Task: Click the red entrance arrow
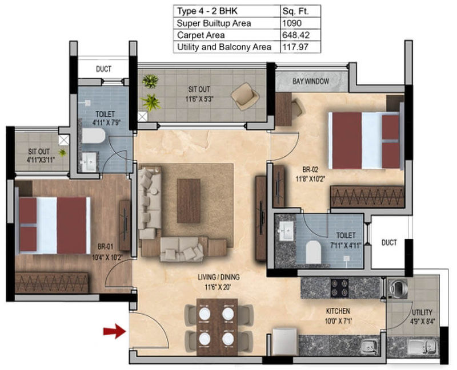click(x=115, y=331)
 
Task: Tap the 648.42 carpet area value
click(x=296, y=35)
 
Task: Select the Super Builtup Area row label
click(x=214, y=23)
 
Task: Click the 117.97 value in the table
click(x=295, y=47)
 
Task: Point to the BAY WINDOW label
click(x=311, y=82)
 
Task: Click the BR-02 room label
click(x=310, y=169)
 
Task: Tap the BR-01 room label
click(x=105, y=247)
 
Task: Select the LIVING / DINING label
click(x=219, y=277)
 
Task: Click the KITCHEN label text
click(x=338, y=311)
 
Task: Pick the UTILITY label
click(x=422, y=312)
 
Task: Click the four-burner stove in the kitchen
click(x=339, y=288)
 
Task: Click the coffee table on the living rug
click(x=189, y=201)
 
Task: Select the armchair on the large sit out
click(x=245, y=96)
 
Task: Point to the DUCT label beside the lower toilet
click(x=389, y=243)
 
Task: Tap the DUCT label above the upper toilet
click(x=103, y=69)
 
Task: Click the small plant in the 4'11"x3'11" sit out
click(x=62, y=152)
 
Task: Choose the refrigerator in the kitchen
click(x=284, y=341)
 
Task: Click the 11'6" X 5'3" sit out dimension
click(x=199, y=99)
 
